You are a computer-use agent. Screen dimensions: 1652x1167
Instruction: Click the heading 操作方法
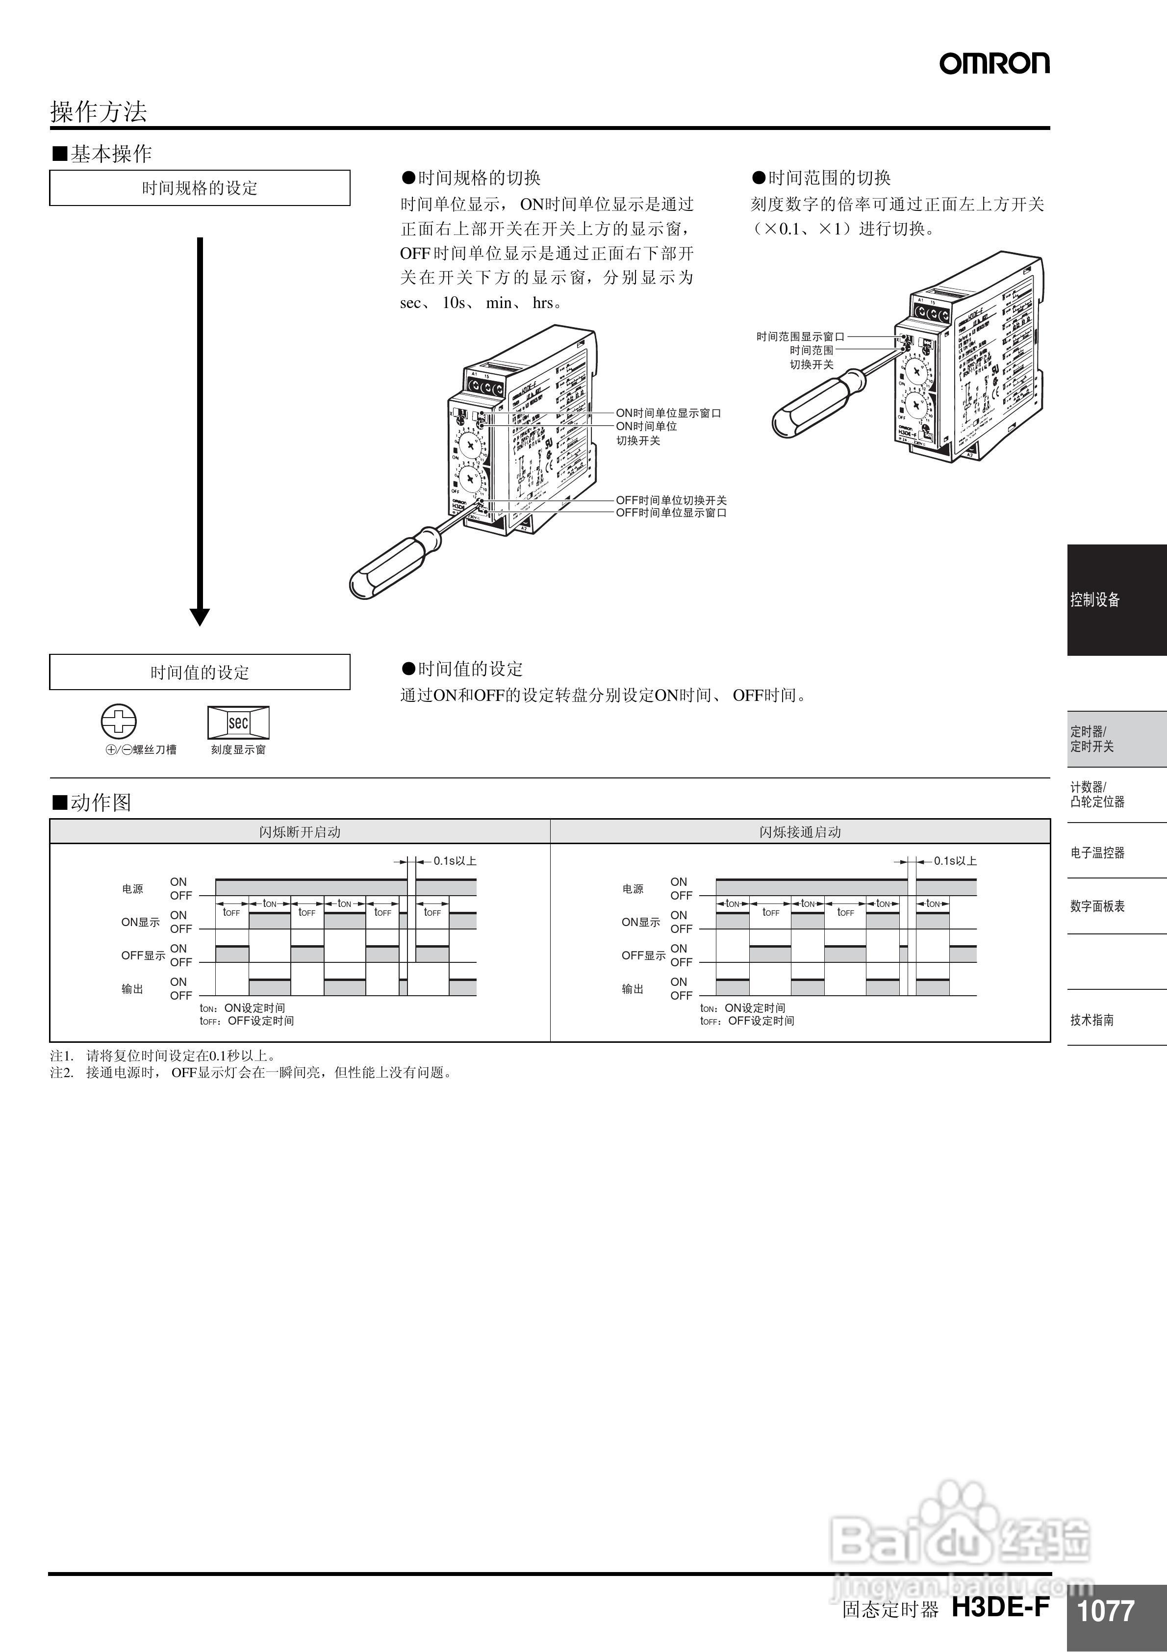click(x=98, y=111)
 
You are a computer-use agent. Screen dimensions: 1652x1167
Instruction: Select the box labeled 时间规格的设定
click(x=199, y=188)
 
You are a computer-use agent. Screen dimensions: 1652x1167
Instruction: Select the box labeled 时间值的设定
click(x=199, y=672)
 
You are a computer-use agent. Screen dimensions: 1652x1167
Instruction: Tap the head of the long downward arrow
click(x=199, y=617)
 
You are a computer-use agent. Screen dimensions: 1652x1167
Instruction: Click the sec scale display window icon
click(x=238, y=723)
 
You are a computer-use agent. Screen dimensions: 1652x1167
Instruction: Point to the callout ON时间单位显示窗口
click(x=668, y=413)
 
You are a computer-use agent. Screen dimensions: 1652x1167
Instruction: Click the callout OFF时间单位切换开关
click(x=671, y=500)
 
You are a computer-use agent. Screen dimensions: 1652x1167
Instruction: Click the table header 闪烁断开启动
click(x=299, y=832)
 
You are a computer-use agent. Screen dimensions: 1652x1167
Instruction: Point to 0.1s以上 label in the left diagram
click(x=455, y=860)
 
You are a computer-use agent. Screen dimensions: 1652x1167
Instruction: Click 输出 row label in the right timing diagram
click(x=633, y=989)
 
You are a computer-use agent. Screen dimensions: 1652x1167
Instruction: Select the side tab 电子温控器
click(x=1097, y=852)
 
